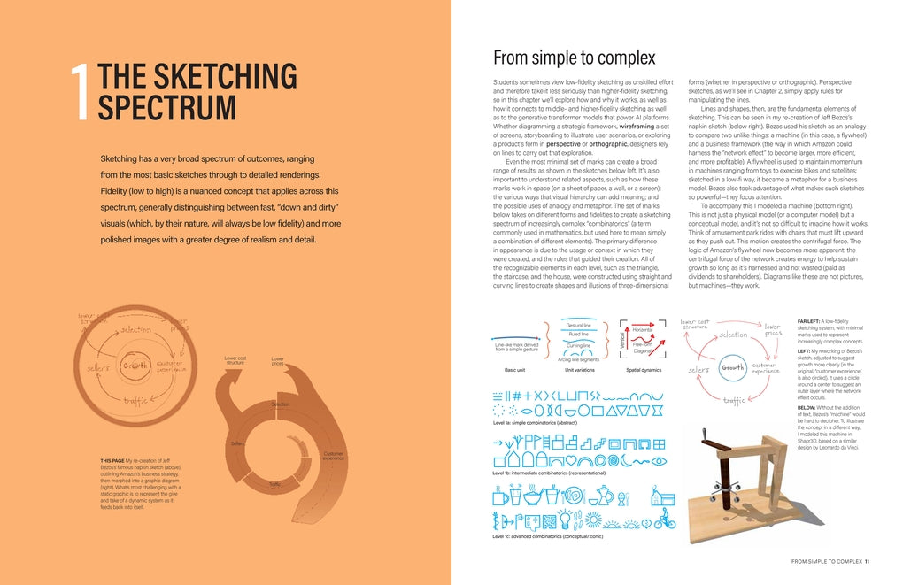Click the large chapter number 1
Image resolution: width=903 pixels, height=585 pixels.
tap(81, 93)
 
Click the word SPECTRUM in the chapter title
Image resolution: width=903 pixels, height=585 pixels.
tap(166, 108)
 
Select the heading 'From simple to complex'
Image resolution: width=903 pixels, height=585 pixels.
tap(574, 58)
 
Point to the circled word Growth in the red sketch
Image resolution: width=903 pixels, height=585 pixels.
tap(732, 367)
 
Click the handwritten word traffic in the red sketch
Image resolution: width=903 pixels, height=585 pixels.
tap(734, 401)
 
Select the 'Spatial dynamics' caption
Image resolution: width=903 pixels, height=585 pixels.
tap(644, 370)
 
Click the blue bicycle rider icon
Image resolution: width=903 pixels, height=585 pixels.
tap(664, 520)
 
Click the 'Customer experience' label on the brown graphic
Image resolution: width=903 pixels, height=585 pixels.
tap(333, 456)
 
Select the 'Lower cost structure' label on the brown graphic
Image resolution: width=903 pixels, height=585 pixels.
tap(235, 360)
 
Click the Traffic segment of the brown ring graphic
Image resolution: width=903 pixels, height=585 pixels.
tap(276, 483)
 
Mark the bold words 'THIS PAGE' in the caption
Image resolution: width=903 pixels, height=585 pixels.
tap(112, 460)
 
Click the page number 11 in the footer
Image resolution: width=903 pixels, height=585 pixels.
tap(867, 561)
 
